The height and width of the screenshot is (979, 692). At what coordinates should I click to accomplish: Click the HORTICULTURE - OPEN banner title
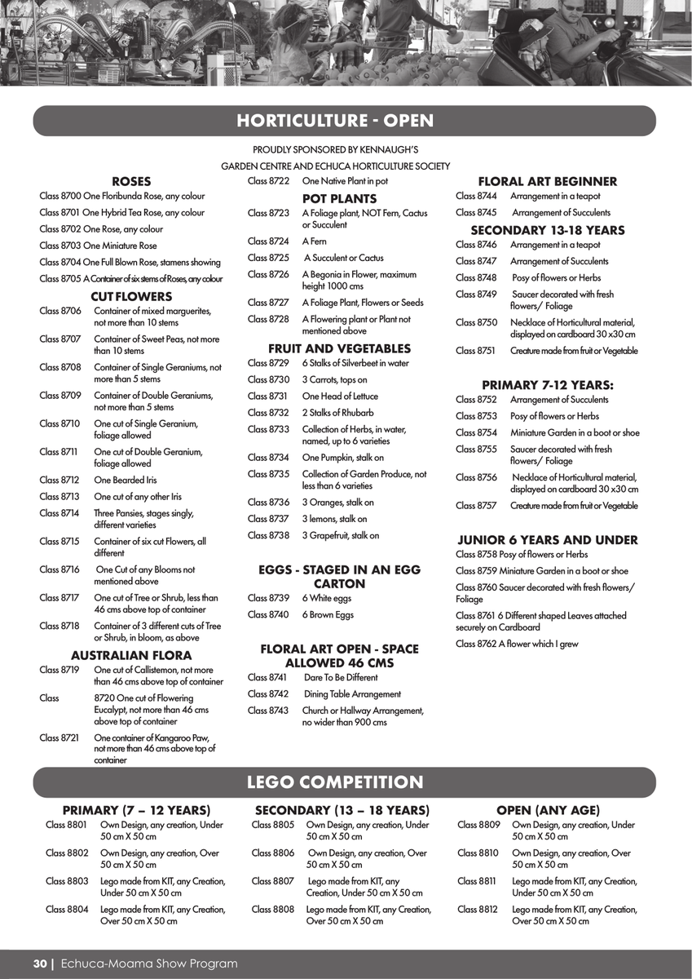335,122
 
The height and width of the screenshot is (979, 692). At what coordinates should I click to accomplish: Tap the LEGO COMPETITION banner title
335,783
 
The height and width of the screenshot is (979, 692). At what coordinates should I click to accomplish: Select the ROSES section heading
131,182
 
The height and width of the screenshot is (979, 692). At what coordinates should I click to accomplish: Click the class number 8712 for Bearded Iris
60,481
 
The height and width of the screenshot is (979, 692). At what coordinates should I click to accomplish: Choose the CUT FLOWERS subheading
131,297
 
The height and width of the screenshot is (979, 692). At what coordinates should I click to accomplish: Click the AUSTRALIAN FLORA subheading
131,655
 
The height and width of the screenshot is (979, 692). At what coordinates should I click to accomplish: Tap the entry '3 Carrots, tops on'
334,380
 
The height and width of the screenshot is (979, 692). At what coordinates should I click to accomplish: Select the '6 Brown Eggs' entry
328,615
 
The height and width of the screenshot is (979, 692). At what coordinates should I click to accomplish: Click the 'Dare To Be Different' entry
341,678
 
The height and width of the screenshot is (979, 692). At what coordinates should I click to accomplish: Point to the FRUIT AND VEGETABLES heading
339,349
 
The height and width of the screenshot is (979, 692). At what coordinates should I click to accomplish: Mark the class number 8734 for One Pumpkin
268,458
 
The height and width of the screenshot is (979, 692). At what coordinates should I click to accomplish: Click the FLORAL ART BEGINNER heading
547,182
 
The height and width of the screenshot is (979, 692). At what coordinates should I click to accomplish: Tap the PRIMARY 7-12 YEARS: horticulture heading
547,385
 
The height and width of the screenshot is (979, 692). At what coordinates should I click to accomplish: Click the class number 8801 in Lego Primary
66,826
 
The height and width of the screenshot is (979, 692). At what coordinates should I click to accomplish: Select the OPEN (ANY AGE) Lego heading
548,811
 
